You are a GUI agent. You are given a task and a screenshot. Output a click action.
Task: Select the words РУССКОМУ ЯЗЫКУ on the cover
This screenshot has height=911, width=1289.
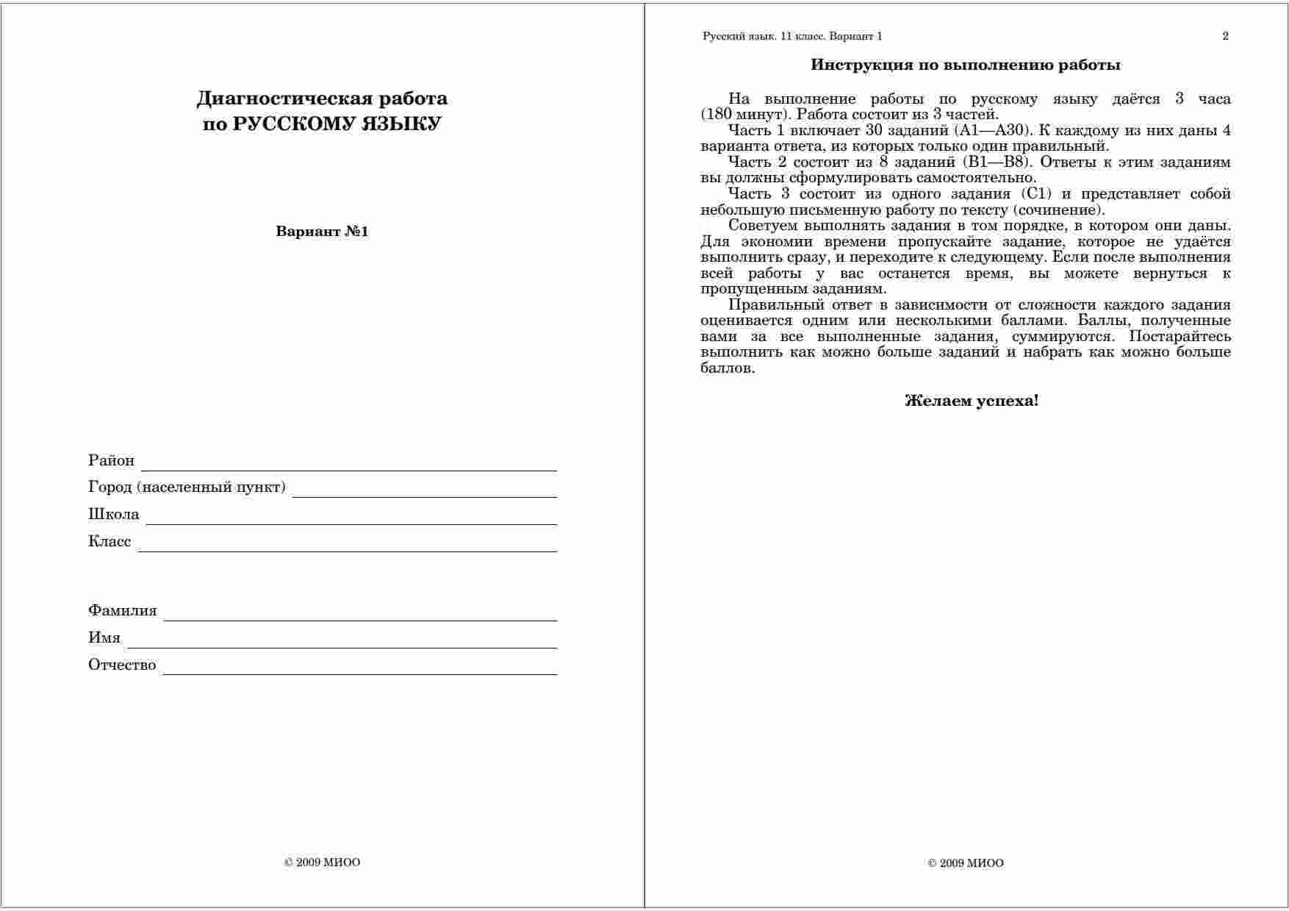point(337,124)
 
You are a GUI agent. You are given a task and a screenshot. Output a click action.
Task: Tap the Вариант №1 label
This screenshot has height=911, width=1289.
point(322,232)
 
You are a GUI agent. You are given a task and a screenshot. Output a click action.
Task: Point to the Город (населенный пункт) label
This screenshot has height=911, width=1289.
point(187,487)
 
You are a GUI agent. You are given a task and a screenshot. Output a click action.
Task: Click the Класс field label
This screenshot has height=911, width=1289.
point(109,542)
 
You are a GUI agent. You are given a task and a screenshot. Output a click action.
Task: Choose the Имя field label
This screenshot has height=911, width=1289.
point(104,638)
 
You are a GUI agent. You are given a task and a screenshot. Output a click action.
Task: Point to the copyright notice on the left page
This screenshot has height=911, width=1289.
point(322,862)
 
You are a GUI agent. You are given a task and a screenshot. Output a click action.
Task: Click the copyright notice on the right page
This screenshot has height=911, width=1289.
point(966,863)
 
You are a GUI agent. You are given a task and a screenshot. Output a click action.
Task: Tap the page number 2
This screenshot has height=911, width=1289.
point(1225,36)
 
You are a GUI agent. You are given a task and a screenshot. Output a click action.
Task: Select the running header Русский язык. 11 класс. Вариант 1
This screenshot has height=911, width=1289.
point(792,36)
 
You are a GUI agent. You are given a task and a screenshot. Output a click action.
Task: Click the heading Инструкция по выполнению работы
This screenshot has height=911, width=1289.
point(966,65)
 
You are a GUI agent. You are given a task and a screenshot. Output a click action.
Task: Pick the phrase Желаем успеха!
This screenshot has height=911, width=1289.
point(972,401)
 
